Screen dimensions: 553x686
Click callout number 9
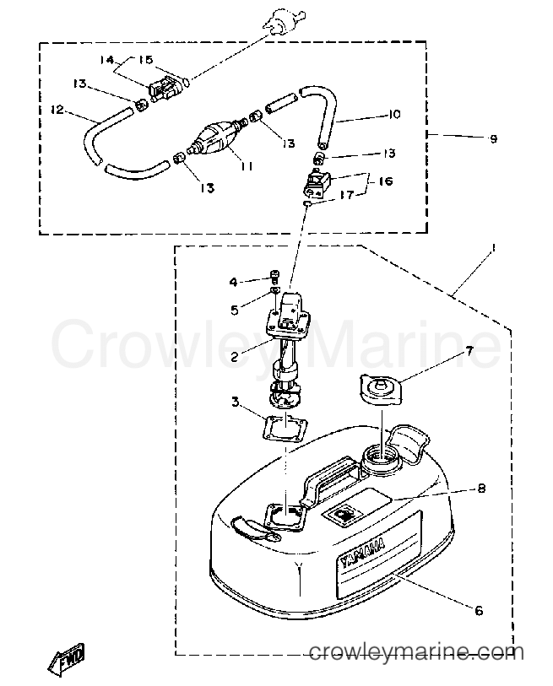tap(493, 139)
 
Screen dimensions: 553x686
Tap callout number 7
tap(469, 351)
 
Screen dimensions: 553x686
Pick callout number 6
tap(479, 610)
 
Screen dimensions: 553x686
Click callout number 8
tap(481, 488)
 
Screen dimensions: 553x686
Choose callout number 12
tap(57, 110)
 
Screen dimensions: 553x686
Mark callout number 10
tap(394, 114)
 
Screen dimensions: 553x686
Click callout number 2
tap(235, 357)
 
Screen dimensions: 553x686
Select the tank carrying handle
tap(328, 479)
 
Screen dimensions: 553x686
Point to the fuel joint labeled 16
tap(318, 185)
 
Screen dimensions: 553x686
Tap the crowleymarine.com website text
tap(416, 653)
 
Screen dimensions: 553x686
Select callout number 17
tap(346, 195)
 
